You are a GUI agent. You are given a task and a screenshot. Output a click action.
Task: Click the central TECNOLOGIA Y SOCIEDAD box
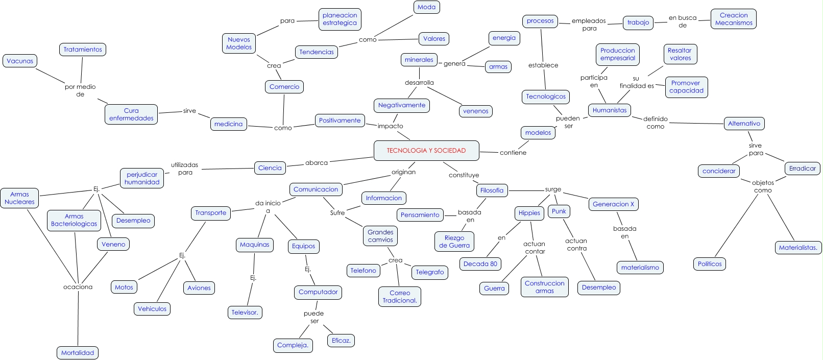coord(426,151)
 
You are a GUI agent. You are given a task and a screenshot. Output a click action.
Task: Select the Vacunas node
coord(20,61)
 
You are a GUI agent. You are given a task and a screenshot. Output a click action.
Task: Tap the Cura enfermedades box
coord(131,114)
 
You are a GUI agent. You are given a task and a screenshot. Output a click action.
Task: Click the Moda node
coord(426,7)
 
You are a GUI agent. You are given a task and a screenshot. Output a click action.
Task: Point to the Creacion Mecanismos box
coord(734,19)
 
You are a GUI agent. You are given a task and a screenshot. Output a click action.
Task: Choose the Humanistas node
coord(610,110)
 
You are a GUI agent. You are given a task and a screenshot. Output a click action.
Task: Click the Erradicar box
coord(802,169)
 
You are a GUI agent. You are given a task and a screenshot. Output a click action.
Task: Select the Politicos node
coord(710,264)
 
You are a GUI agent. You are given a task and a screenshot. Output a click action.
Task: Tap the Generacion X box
coord(613,204)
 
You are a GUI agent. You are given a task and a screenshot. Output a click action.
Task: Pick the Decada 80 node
coord(480,264)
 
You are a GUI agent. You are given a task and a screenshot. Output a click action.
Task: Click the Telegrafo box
coord(429,272)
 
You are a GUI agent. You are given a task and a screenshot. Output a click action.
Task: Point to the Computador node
coord(318,292)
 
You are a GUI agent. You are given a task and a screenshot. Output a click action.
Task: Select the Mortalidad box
coord(78,353)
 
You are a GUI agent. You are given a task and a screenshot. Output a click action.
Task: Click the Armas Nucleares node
coord(19,198)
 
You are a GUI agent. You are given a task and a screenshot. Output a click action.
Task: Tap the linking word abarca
coord(317,163)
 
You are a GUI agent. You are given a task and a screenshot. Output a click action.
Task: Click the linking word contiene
coord(513,153)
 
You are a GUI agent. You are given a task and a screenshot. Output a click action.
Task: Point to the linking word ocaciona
coord(78,287)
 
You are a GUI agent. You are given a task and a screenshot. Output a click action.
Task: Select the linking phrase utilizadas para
coord(185,169)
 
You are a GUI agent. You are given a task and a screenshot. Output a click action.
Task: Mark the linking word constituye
coord(464,175)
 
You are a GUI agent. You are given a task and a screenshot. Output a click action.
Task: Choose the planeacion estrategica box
coord(340,19)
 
